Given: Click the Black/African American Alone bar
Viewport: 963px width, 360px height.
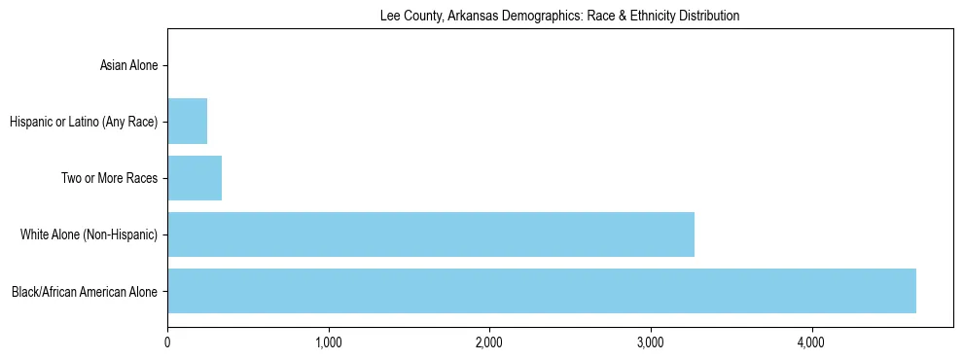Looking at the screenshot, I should (541, 291).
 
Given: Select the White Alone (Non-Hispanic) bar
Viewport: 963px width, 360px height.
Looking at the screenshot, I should (430, 234).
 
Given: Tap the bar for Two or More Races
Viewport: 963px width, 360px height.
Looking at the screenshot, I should (195, 178).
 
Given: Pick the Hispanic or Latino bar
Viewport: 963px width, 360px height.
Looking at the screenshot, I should (187, 122).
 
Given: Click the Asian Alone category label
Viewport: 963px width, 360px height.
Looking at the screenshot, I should (128, 66).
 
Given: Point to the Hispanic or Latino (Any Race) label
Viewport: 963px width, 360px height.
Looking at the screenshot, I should (84, 122).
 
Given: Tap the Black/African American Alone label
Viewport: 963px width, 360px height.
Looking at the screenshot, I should (85, 291).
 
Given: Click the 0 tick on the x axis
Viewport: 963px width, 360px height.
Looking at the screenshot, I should (167, 342).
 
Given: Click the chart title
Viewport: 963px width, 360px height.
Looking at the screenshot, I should (559, 16).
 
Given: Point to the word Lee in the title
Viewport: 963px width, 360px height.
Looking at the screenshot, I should (388, 16).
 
